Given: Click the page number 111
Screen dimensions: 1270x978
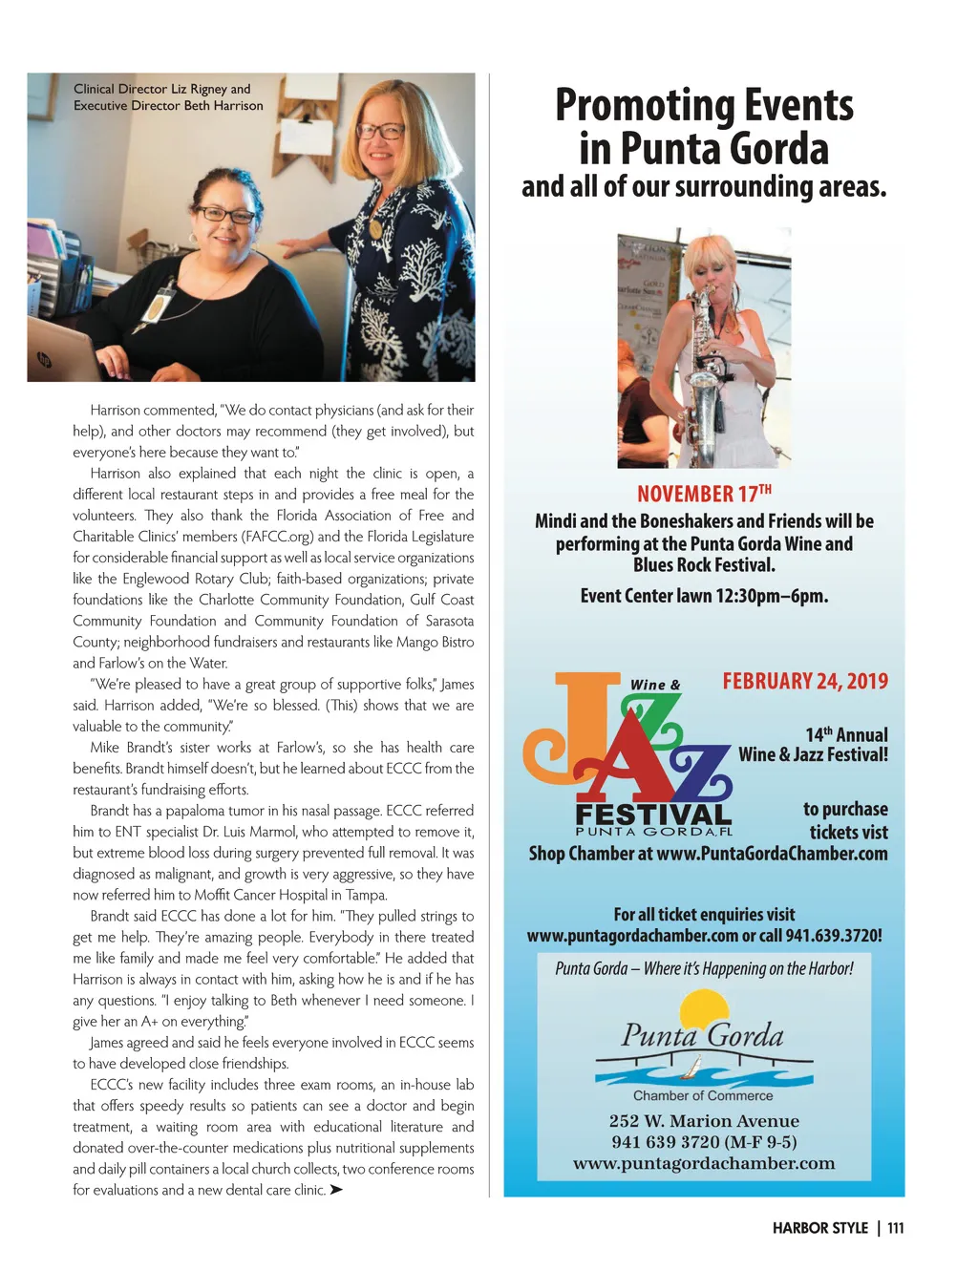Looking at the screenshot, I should coord(895,1228).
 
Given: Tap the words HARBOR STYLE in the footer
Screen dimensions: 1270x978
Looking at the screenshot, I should coord(819,1228).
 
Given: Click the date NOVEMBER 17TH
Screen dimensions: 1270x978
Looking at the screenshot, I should coord(704,494).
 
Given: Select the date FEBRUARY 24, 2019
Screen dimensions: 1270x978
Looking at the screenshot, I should coord(804,681).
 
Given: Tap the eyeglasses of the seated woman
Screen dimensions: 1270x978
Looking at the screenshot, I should coord(225,215).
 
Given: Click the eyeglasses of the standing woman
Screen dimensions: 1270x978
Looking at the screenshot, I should coord(379,131).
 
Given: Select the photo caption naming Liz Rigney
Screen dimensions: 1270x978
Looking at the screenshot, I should coord(167,97).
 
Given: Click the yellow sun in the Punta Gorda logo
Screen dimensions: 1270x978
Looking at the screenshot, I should coord(704,1010).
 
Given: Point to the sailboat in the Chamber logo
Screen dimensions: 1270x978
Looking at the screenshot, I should coord(696,1066).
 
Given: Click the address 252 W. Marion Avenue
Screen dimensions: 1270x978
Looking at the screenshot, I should coord(704,1121).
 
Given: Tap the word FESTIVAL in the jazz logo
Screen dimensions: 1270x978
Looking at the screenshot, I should coord(653,815).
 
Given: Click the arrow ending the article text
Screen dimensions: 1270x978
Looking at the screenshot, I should coord(335,1190).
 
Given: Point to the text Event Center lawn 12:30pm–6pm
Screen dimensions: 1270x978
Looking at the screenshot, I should coord(704,596).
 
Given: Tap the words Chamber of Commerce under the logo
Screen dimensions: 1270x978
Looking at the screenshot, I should coord(703,1095).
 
